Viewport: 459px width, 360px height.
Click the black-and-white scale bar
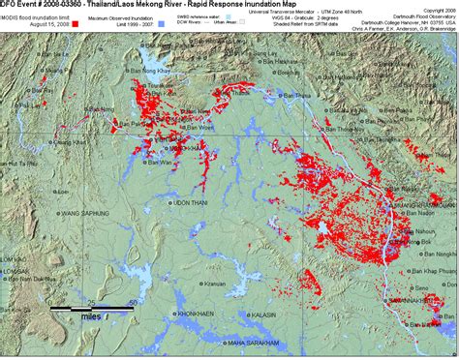pyautogui.click(x=91, y=309)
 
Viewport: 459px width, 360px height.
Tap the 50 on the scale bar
pyautogui.click(x=130, y=302)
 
